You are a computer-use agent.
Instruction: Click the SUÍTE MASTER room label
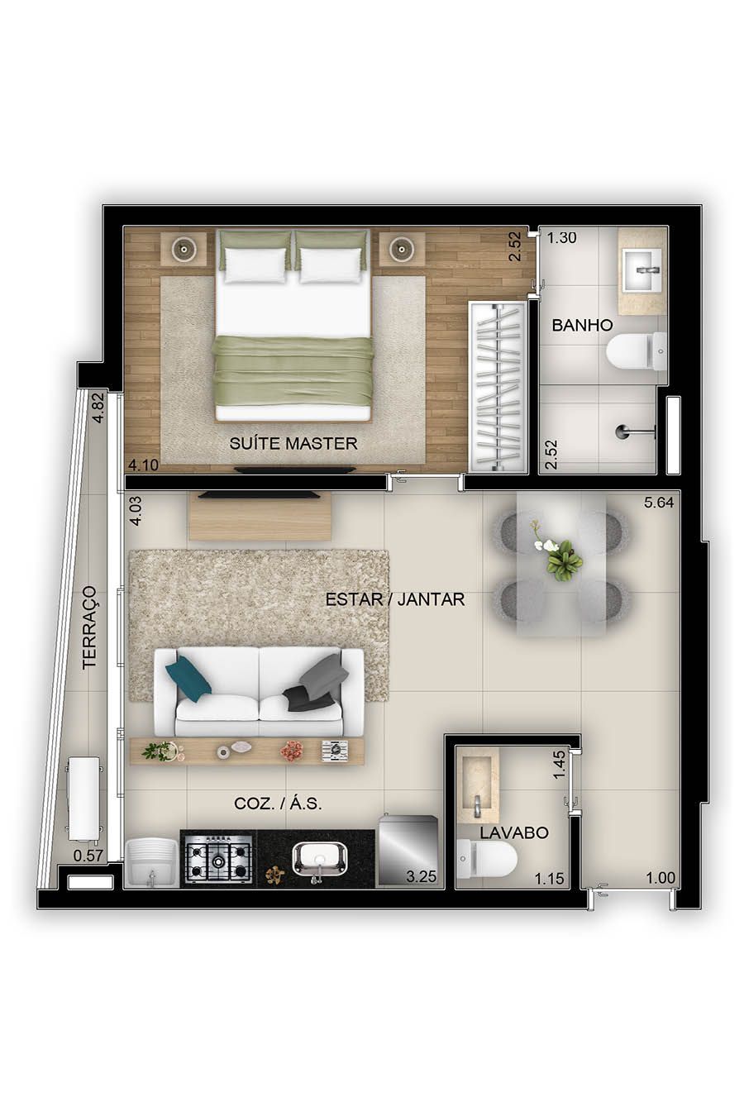pyautogui.click(x=293, y=443)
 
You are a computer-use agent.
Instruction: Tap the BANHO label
pyautogui.click(x=582, y=325)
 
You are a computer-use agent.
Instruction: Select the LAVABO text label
pyautogui.click(x=513, y=832)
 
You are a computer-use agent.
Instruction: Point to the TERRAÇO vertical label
pyautogui.click(x=89, y=627)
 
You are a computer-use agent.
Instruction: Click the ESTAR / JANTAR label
pyautogui.click(x=394, y=599)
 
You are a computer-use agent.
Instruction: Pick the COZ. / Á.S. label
pyautogui.click(x=278, y=804)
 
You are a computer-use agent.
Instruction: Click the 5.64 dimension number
pyautogui.click(x=660, y=503)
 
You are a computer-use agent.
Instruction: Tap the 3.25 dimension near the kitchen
pyautogui.click(x=421, y=877)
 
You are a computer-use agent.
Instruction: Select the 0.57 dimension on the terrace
pyautogui.click(x=88, y=856)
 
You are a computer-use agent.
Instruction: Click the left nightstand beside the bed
pyautogui.click(x=184, y=248)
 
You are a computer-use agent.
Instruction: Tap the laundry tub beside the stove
pyautogui.click(x=151, y=863)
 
